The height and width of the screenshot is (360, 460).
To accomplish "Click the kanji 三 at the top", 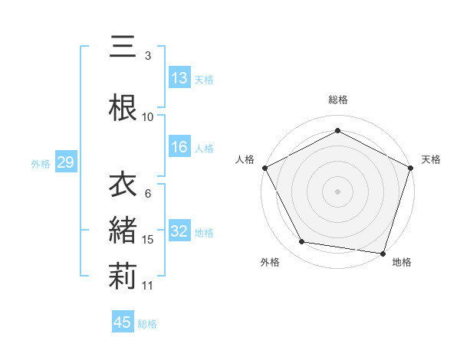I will (x=123, y=47).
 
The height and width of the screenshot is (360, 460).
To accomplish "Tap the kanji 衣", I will (x=123, y=185).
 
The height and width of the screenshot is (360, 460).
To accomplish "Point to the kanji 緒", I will (x=123, y=231).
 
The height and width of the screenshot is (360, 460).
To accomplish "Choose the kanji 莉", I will (x=123, y=275).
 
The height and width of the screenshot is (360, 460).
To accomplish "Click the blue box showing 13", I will (x=179, y=78).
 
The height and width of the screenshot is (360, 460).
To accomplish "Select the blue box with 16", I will (x=179, y=148).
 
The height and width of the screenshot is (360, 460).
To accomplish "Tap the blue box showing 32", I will (x=179, y=232).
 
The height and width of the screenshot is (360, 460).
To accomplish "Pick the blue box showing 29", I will (x=65, y=162).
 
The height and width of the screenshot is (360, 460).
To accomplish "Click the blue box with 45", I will (x=123, y=322).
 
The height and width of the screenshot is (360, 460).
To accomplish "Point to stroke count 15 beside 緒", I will (x=149, y=240).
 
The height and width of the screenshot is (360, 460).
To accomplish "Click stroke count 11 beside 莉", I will (x=149, y=285).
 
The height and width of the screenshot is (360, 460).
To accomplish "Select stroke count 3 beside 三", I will (x=148, y=55).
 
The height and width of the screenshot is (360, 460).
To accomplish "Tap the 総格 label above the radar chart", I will (x=338, y=100).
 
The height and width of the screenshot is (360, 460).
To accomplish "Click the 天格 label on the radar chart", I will (x=431, y=159).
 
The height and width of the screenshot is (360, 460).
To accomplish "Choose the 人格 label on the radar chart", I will (x=245, y=159).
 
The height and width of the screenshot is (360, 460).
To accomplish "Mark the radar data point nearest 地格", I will (x=383, y=253).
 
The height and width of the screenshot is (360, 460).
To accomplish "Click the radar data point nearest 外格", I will (x=302, y=242).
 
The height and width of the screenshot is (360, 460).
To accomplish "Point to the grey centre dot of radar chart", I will (x=338, y=191).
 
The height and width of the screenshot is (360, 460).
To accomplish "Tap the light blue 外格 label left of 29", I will (x=40, y=163).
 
